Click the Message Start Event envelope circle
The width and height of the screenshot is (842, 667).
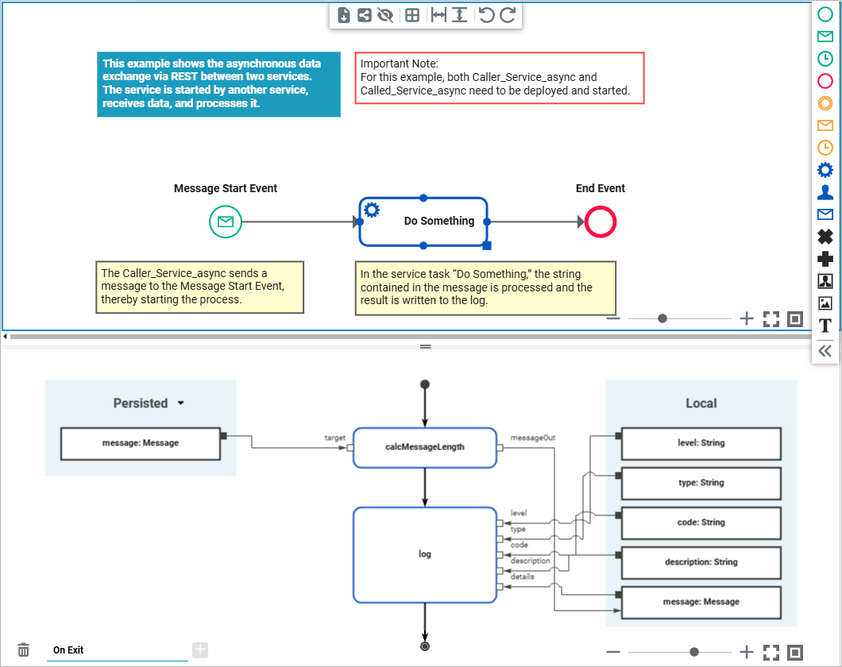(x=225, y=222)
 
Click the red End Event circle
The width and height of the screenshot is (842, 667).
(x=600, y=222)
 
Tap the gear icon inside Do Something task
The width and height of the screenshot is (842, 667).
(x=371, y=210)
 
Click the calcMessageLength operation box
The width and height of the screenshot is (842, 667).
(x=424, y=447)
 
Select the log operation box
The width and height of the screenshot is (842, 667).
(x=424, y=553)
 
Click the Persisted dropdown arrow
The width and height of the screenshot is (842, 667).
(x=181, y=403)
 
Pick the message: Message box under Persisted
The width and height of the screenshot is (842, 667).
(x=141, y=443)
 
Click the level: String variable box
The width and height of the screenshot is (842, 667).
(x=701, y=443)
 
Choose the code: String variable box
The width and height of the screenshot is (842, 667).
(x=701, y=522)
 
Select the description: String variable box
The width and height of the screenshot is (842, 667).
(x=701, y=562)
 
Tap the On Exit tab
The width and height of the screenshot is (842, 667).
(x=68, y=650)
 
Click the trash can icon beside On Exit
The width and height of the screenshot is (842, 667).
(x=24, y=650)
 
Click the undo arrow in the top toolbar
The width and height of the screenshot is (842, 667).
(x=487, y=15)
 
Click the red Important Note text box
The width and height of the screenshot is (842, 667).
(x=499, y=78)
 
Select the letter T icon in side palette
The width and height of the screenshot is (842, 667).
(x=825, y=326)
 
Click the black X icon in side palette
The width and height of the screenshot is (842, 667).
(x=825, y=237)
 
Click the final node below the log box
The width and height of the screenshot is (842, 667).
(x=425, y=646)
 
